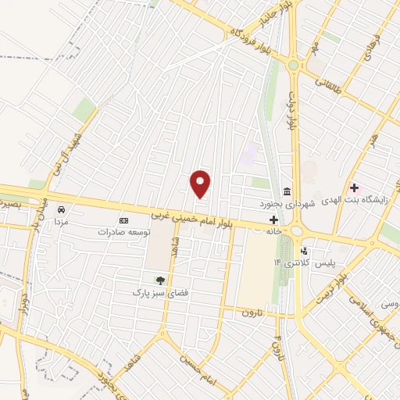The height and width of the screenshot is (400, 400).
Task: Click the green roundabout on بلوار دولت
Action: [x=294, y=66]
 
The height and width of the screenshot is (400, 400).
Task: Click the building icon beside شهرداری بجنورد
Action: [x=287, y=192]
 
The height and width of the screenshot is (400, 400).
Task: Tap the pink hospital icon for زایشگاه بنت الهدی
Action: [x=354, y=187]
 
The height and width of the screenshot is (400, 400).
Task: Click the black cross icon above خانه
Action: [x=273, y=221]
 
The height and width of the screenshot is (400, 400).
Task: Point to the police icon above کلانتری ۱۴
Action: [x=304, y=252]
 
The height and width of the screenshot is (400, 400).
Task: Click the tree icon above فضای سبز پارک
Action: [x=161, y=280]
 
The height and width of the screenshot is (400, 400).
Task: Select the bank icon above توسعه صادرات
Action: [x=121, y=221]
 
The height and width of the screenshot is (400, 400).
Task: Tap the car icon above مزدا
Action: [x=60, y=210]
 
